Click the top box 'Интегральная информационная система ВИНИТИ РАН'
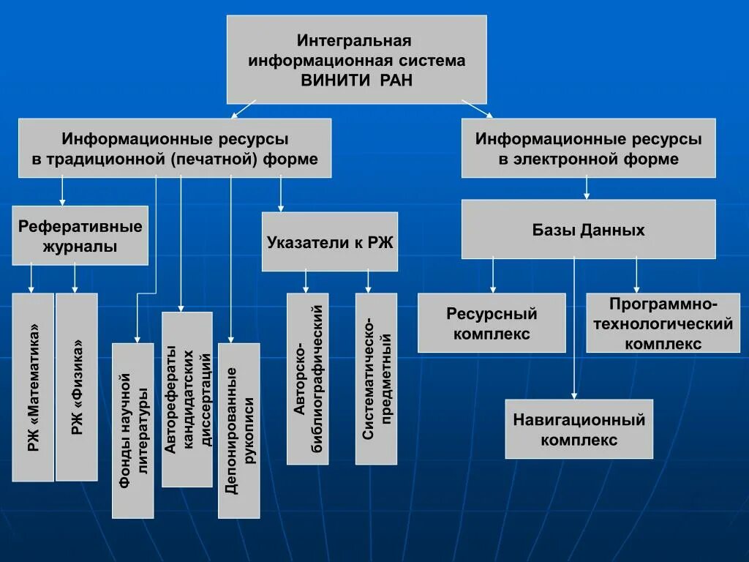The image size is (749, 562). pos(356,59)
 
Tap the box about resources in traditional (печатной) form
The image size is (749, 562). pos(175,148)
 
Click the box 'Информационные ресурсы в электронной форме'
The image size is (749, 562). pos(588,148)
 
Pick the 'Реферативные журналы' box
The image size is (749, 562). pos(80,236)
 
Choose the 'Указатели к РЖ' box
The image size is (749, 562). pos(330,242)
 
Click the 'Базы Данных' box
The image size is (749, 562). pos(588,230)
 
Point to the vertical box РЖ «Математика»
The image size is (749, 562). pos(33,387)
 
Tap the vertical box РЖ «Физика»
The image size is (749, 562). pos(77,387)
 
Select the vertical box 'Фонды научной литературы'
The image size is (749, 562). pos(133,430)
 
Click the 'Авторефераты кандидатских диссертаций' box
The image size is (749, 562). pos(187,400)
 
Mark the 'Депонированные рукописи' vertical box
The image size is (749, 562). pos(239,430)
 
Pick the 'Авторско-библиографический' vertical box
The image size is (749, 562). pos(308,378)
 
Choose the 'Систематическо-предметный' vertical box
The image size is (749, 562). pos(376,378)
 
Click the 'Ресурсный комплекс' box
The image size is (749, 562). pos(492,323)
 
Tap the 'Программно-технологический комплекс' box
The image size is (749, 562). pos(658,323)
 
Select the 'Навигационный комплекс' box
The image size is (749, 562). pos(579,429)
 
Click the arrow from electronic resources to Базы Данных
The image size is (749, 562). pos(587,189)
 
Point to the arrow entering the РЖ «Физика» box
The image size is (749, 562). pos(75,279)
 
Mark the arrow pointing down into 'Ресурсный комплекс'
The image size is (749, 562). pos(493,276)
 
